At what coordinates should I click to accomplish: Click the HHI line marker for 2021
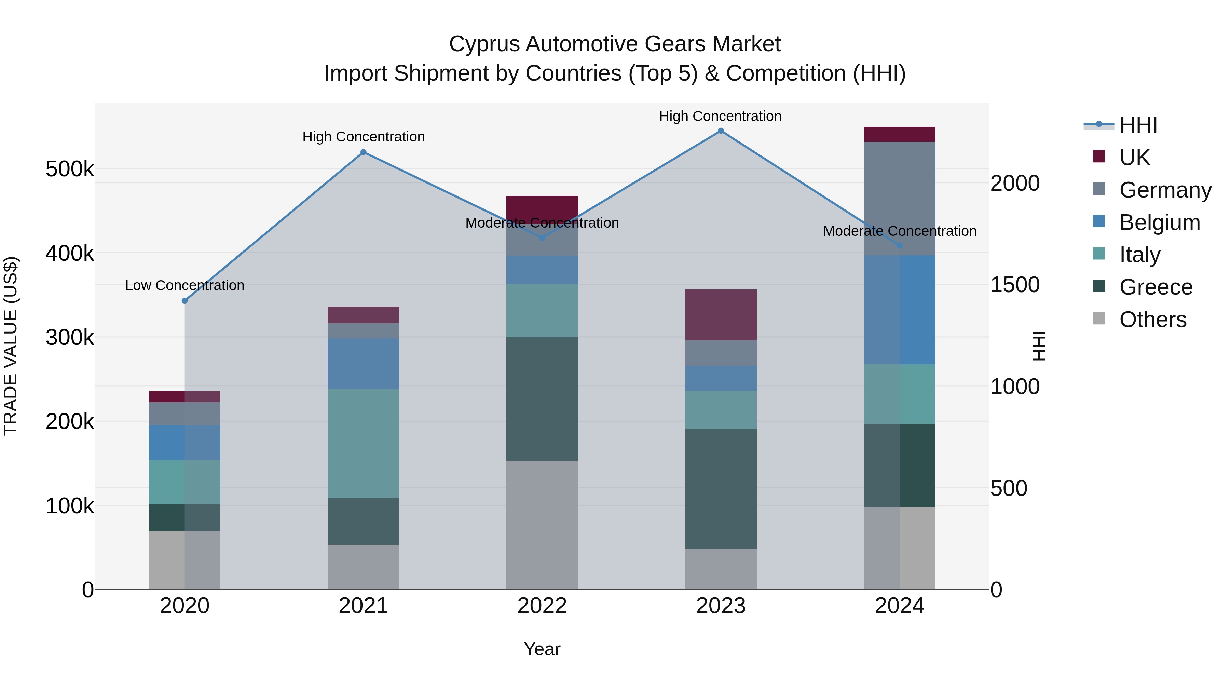coord(364,152)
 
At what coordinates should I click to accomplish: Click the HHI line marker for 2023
coord(721,131)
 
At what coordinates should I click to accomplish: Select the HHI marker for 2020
coord(185,301)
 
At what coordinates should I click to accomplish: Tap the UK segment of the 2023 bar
coord(721,315)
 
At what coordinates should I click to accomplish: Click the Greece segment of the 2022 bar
coord(542,399)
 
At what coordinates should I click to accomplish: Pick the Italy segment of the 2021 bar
coord(364,443)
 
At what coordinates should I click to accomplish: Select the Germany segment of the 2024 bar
coord(900,198)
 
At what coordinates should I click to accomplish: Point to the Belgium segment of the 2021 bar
coord(364,364)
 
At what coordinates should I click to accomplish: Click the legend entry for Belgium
coord(1159,222)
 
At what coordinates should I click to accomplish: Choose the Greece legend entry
coord(1156,287)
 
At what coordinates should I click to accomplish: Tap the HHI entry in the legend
coord(1138,125)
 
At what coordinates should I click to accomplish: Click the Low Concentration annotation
coord(185,286)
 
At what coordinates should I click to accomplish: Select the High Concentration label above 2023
coord(720,116)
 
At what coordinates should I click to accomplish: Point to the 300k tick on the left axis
coord(70,338)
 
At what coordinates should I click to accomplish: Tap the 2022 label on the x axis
coord(542,606)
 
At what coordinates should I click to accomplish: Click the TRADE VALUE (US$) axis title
coord(11,346)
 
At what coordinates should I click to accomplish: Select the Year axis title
coord(542,649)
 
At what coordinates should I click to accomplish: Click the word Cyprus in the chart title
coord(484,44)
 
